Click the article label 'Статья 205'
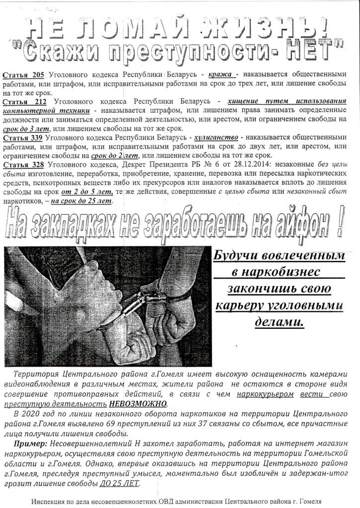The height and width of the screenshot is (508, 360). (x=24, y=75)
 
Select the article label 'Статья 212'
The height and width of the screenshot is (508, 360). (x=24, y=102)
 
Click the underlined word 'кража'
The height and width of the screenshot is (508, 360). (x=218, y=75)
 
